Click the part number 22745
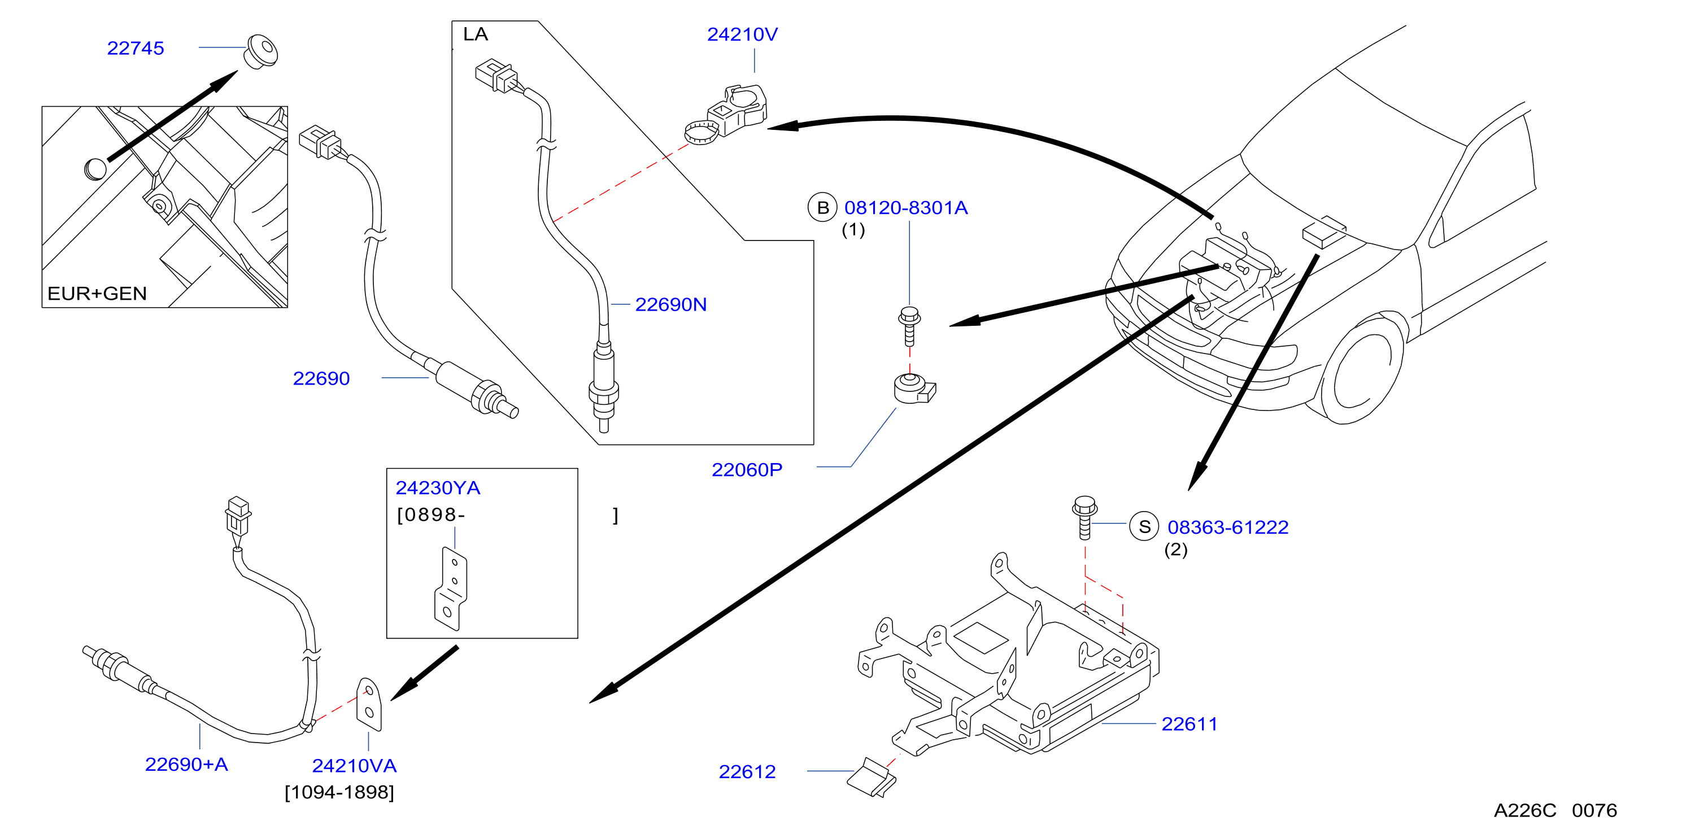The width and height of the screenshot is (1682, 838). click(x=135, y=49)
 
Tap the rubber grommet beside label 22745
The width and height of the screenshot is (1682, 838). click(x=260, y=51)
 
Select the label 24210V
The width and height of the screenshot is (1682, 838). click(x=742, y=34)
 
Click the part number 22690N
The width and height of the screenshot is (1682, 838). click(x=670, y=305)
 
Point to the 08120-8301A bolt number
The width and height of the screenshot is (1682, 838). click(x=905, y=208)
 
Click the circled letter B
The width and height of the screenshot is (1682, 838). click(x=823, y=208)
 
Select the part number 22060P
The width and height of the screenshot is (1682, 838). click(x=746, y=470)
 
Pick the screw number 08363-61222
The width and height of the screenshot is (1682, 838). click(x=1227, y=527)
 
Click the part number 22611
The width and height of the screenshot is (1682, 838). click(x=1189, y=724)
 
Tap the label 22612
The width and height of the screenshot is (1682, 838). click(x=747, y=772)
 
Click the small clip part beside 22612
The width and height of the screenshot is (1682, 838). click(x=871, y=778)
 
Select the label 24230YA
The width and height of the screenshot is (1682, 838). click(x=438, y=488)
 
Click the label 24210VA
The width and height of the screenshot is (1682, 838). click(x=354, y=766)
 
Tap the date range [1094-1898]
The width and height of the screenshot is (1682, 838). click(x=339, y=792)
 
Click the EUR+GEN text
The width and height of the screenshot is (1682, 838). click(x=97, y=294)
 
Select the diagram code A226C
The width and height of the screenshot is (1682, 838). click(x=1524, y=810)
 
